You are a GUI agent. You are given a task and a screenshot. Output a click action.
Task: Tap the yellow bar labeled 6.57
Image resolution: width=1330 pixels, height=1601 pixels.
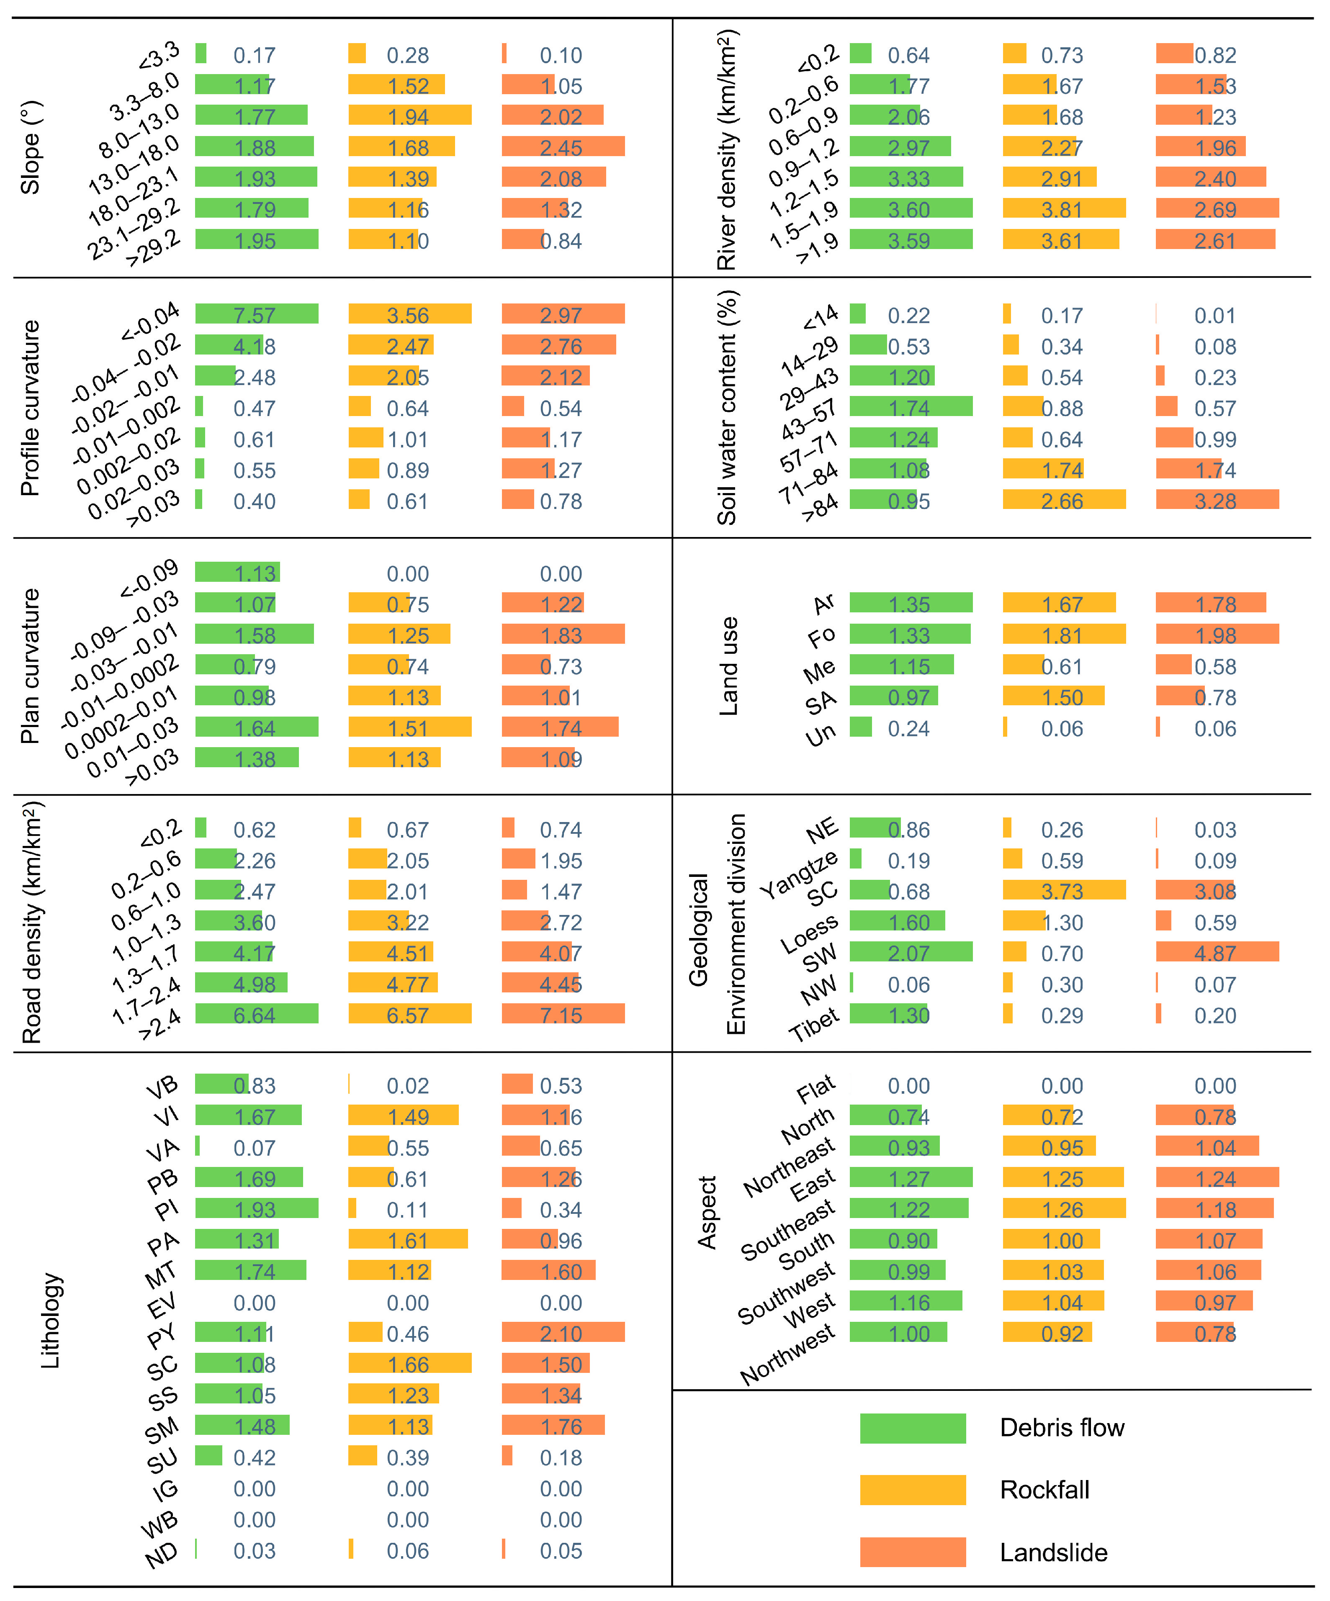[409, 1014]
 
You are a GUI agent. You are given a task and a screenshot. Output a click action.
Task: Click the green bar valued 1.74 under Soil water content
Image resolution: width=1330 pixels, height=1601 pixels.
[911, 406]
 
